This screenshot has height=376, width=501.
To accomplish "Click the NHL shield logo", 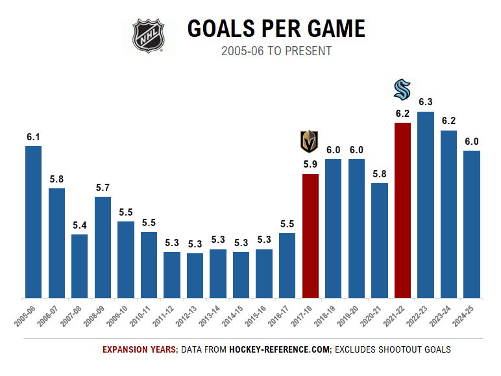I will tap(149, 35).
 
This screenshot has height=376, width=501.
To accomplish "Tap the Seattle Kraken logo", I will tap(402, 90).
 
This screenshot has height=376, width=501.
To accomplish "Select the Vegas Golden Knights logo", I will tap(310, 142).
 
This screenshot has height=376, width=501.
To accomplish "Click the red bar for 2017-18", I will tap(310, 236).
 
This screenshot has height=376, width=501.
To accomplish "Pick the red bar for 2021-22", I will tap(402, 210).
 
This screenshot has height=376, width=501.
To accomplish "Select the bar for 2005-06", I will tap(33, 222).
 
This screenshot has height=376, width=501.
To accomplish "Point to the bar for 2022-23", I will tap(426, 205).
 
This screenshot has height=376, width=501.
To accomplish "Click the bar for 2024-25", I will tap(472, 224).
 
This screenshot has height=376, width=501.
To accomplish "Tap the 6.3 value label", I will tap(426, 102).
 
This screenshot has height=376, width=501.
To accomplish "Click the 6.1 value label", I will tap(33, 136).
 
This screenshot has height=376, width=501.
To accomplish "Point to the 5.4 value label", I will tap(79, 225).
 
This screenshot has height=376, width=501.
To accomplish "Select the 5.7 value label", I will tap(103, 187).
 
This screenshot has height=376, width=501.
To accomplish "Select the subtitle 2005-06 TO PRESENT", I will tap(276, 51).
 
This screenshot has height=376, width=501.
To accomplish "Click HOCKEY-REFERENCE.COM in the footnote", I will tap(280, 349).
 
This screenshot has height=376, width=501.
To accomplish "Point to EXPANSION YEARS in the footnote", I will tap(140, 349).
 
